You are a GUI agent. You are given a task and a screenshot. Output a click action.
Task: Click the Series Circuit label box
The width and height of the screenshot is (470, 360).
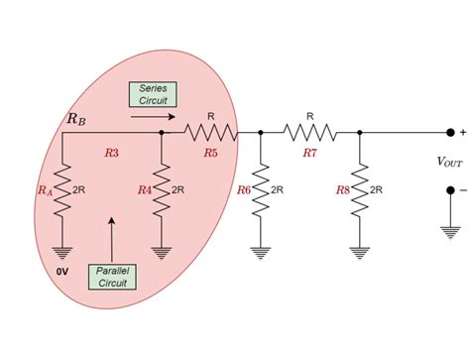pyautogui.click(x=154, y=94)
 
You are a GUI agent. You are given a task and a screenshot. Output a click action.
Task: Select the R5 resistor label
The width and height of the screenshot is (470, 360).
pyautogui.click(x=210, y=154)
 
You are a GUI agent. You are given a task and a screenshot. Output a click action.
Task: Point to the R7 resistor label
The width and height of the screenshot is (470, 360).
pyautogui.click(x=309, y=154)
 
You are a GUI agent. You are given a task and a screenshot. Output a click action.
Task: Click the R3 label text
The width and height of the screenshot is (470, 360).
pyautogui.click(x=111, y=154)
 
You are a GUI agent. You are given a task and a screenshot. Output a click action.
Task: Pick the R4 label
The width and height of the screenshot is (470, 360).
pyautogui.click(x=145, y=189)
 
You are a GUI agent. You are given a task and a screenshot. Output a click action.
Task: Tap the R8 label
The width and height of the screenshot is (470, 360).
pyautogui.click(x=343, y=189)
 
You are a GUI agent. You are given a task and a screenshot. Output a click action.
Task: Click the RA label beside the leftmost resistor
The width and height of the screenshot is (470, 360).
pyautogui.click(x=45, y=189)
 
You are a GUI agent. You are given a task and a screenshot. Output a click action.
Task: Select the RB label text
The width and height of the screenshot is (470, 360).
pyautogui.click(x=75, y=119)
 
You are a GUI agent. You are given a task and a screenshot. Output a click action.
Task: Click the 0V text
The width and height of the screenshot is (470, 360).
pyautogui.click(x=61, y=269)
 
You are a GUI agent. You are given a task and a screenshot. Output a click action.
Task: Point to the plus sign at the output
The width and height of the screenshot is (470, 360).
pyautogui.click(x=462, y=132)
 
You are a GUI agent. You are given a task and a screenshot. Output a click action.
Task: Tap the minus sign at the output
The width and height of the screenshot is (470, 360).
pyautogui.click(x=462, y=190)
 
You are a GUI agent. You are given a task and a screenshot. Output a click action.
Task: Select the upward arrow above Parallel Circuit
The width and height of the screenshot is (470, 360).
pyautogui.click(x=112, y=234)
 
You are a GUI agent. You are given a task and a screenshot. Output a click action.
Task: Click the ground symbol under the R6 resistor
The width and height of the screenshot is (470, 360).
pyautogui.click(x=260, y=252)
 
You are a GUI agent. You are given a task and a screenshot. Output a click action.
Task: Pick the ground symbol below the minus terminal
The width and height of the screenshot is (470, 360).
pyautogui.click(x=450, y=231)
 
